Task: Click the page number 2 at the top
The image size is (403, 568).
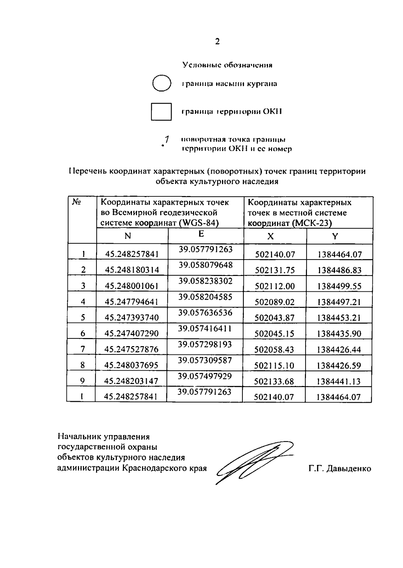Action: coord(217,42)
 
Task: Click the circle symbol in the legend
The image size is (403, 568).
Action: coord(162,83)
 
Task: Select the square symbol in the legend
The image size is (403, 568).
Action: coord(161,111)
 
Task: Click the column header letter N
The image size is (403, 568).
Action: coord(128,236)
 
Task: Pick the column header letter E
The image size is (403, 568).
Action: coord(201,234)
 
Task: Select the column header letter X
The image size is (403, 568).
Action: coord(270,236)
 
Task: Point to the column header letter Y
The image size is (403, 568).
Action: coord(335,236)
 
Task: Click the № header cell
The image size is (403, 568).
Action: coord(76,202)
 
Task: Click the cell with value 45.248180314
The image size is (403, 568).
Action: coord(132,270)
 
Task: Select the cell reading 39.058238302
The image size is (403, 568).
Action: coord(205,281)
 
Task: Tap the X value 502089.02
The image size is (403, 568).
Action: coord(274,302)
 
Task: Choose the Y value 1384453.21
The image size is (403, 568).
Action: coord(339,318)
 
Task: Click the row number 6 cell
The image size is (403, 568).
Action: coord(83,333)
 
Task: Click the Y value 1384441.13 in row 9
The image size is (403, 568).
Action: coord(339,381)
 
